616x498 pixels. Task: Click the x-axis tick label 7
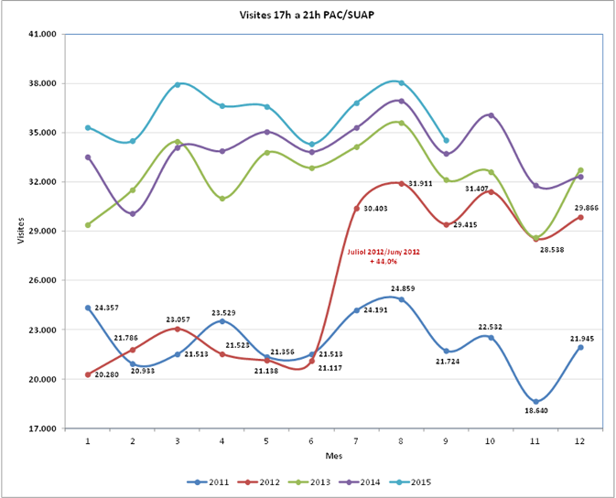(357, 440)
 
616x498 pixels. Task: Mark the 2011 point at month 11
(536, 401)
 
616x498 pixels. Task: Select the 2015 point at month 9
(447, 140)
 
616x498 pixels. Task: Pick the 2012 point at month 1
(88, 374)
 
